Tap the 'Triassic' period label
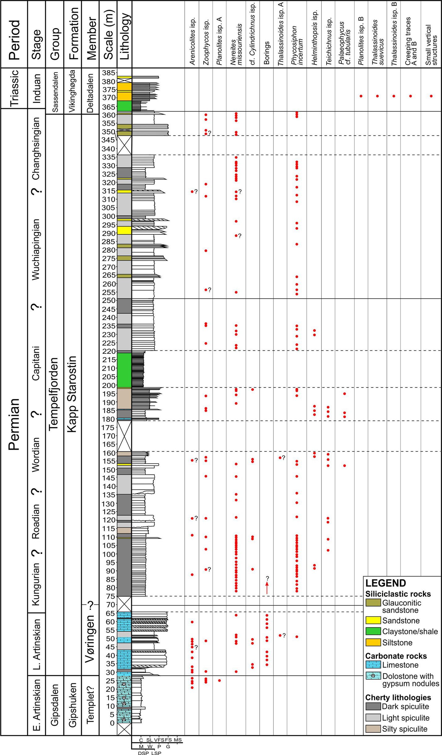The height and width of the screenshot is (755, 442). (x=14, y=88)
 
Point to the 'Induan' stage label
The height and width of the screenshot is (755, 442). (x=37, y=88)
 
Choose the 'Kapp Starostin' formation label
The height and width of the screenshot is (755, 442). (x=72, y=394)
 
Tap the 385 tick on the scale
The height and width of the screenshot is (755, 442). (x=109, y=73)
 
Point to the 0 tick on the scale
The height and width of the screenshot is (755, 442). (x=112, y=723)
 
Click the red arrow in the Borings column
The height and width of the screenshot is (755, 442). (x=267, y=587)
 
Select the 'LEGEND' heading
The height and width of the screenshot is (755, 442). (x=385, y=583)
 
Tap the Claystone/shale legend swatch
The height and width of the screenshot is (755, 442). (x=373, y=631)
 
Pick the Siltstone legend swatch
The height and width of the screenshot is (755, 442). (x=373, y=642)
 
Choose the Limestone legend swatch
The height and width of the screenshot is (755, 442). (x=373, y=665)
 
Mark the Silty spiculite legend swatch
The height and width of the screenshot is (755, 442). (x=373, y=729)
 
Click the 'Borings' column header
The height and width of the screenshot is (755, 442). (x=267, y=53)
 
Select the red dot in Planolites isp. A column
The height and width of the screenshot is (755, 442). (x=220, y=680)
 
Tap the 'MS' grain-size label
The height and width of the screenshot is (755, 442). (x=178, y=740)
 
